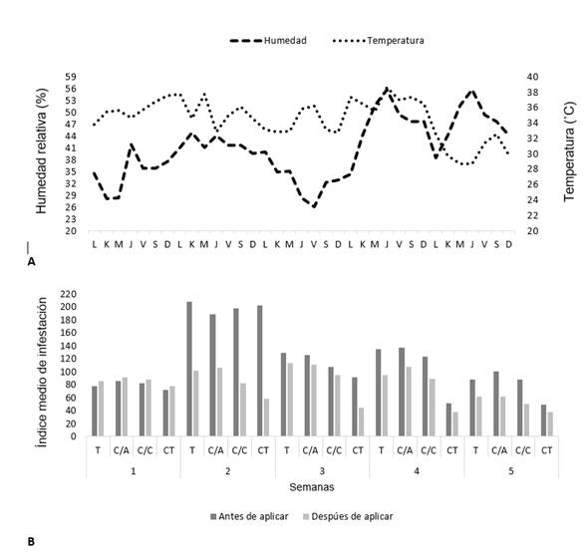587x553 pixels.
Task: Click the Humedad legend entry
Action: (268, 41)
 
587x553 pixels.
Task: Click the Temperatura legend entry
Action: (378, 41)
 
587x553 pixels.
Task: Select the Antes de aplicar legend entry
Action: (249, 517)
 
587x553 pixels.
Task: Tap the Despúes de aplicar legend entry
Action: (348, 517)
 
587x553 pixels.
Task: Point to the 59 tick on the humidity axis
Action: (71, 77)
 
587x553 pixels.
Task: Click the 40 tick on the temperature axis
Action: (533, 77)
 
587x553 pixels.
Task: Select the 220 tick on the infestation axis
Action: (68, 294)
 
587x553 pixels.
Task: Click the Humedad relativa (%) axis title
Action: (42, 150)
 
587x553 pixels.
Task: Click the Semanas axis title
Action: (312, 487)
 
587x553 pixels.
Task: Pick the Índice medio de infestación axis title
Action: (42, 373)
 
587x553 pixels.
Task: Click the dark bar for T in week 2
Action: (189, 369)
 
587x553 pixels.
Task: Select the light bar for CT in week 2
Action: (266, 417)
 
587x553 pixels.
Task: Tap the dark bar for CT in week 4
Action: (448, 419)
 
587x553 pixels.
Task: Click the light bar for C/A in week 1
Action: (125, 407)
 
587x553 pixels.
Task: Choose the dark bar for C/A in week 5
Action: (496, 404)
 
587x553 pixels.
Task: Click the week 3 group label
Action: (322, 471)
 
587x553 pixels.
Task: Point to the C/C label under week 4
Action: (429, 450)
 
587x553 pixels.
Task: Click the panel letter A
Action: (32, 262)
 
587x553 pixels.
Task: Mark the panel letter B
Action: (31, 542)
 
